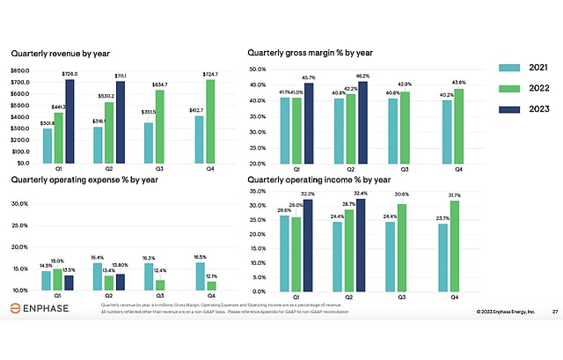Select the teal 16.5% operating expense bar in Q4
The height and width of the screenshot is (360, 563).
click(200, 276)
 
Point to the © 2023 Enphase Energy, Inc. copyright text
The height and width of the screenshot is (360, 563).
click(506, 311)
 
